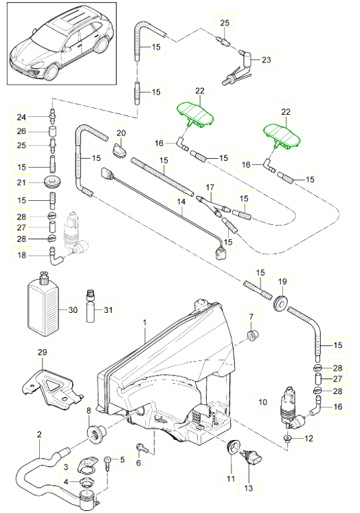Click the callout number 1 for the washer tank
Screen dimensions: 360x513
(144, 323)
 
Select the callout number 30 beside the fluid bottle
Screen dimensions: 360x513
(73, 309)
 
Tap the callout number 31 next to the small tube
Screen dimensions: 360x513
(108, 309)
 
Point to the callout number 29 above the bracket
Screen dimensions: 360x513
(42, 351)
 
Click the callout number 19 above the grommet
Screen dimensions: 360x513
(282, 281)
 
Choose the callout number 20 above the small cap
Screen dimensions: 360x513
(121, 133)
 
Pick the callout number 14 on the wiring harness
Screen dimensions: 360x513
(181, 202)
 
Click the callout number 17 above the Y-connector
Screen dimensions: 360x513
(210, 187)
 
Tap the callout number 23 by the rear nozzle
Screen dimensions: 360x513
(267, 60)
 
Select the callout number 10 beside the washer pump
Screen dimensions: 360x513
(263, 402)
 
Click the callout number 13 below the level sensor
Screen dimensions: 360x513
(249, 488)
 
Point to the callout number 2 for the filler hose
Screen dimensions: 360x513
(40, 435)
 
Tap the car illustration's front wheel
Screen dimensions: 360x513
(52, 72)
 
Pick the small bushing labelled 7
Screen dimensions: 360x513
(252, 335)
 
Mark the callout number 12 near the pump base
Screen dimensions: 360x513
(308, 438)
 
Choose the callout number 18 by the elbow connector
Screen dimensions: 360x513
(21, 255)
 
